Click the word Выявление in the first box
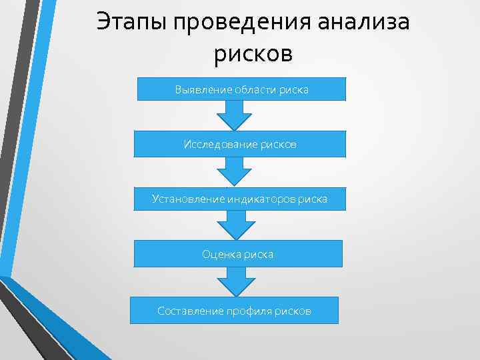coord(199,89)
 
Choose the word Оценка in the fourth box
coord(218,254)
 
